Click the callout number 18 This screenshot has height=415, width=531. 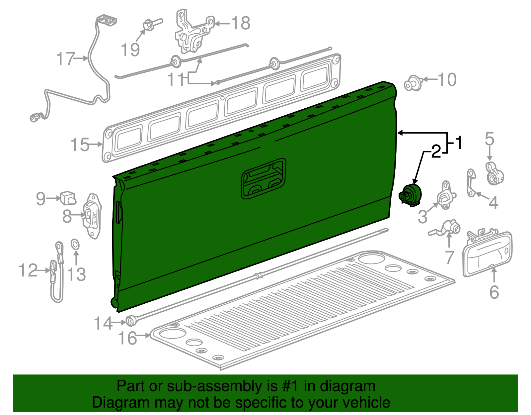(241, 23)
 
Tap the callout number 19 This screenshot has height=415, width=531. (130, 50)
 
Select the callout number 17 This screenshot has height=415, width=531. (65, 59)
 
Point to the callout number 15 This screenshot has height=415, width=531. (80, 145)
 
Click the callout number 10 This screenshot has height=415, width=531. (447, 80)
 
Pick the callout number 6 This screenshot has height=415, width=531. (494, 292)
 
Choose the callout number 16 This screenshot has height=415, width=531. (127, 338)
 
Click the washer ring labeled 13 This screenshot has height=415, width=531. (75, 245)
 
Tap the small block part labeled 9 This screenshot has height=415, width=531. (68, 198)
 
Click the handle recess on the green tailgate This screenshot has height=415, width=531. (264, 179)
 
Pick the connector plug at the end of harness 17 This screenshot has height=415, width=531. (34, 117)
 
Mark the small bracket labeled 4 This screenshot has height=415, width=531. (471, 183)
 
